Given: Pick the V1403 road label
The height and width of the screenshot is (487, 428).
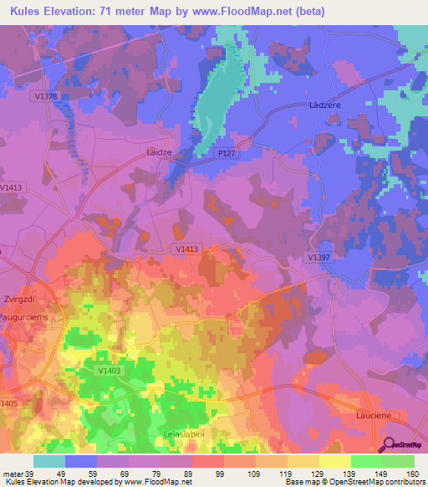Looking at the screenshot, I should [109, 371].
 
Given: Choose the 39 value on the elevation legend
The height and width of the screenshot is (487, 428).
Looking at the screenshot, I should [30, 474].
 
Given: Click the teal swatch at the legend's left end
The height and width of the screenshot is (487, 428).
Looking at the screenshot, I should [49, 461].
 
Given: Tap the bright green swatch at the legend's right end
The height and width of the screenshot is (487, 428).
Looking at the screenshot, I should [399, 461].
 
